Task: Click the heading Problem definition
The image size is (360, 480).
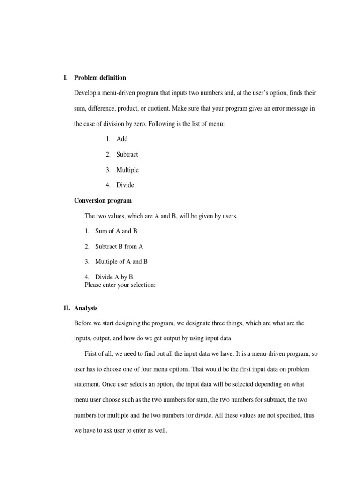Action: click(x=100, y=78)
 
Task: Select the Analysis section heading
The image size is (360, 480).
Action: click(x=86, y=308)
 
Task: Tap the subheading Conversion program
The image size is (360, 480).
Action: click(x=103, y=201)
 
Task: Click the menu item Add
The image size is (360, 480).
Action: click(x=122, y=139)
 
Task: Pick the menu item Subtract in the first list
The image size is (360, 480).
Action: click(x=127, y=154)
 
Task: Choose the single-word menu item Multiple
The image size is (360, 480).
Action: click(x=127, y=170)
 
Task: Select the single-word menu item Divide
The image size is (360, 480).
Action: click(x=125, y=185)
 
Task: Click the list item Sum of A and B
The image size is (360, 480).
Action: click(x=116, y=231)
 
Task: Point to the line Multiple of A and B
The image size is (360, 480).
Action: click(x=121, y=262)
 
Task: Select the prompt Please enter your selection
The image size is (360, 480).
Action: click(x=120, y=285)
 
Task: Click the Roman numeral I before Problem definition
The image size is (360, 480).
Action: click(x=65, y=78)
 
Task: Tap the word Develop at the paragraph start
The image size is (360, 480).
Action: click(x=85, y=93)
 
